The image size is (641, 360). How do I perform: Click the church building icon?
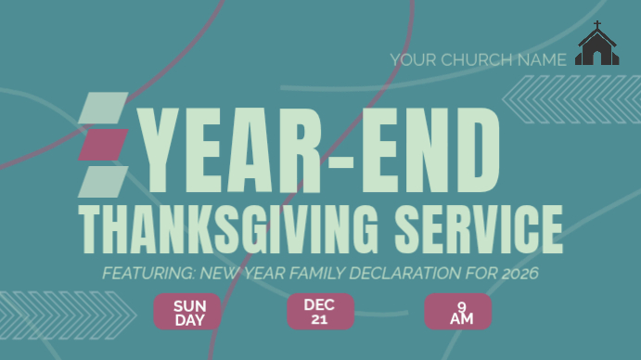(x=596, y=48)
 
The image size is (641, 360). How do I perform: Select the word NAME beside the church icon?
(x=543, y=59)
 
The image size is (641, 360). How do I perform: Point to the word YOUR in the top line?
(x=413, y=59)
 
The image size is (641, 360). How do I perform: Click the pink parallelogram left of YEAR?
(x=103, y=144)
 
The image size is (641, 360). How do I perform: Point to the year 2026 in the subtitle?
(x=519, y=274)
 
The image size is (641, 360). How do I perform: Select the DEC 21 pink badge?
(x=320, y=312)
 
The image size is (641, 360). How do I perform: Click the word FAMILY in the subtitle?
(x=302, y=274)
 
